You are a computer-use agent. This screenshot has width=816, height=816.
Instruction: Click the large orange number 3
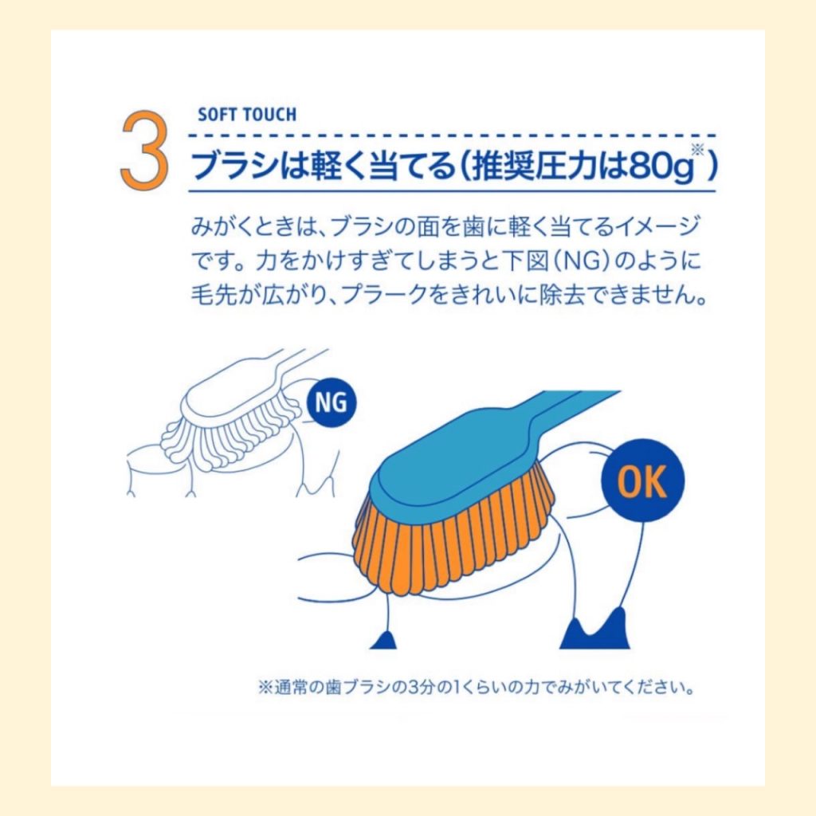[x=144, y=151]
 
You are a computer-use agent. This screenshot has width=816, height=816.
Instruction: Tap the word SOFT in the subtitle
[x=214, y=115]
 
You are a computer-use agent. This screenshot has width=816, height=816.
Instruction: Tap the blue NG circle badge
[x=331, y=402]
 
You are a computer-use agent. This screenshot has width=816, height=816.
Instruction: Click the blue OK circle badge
[x=642, y=481]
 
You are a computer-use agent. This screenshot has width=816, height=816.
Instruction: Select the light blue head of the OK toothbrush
[x=458, y=458]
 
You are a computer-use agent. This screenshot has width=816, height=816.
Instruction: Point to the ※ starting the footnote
[x=265, y=688]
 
